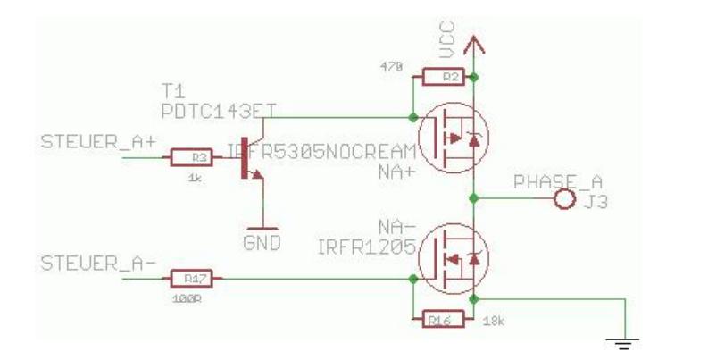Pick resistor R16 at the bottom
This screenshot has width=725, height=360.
coord(438,316)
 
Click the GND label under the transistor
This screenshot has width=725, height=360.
coord(262,241)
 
